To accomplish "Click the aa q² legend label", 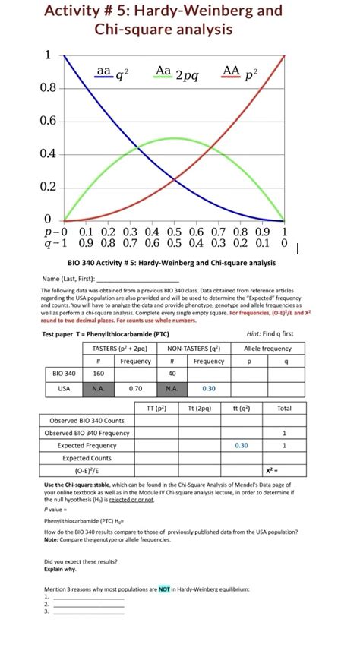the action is point(112,74).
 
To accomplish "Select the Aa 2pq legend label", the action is point(176,74).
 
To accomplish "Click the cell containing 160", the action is point(99,374).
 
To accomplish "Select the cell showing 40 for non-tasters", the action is point(172,374).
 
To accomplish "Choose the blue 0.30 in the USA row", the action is point(209,387).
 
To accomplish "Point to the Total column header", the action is point(285,408).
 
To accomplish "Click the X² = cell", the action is point(285,471).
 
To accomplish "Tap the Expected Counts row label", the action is point(87,459).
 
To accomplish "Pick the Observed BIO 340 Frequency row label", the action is point(87,433).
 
